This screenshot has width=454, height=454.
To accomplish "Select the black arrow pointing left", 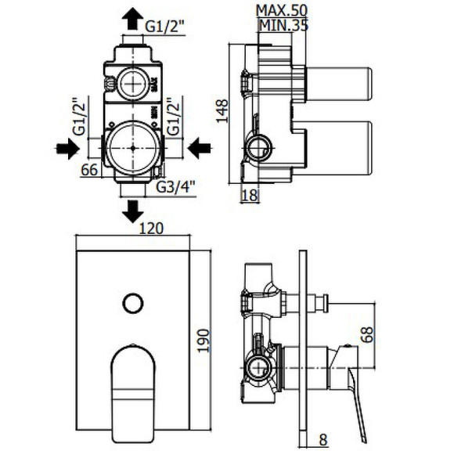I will click(200, 147).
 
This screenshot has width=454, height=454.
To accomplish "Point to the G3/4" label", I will click(175, 187).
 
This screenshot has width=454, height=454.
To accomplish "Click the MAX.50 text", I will click(281, 9).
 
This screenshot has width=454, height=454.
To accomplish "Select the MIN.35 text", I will click(281, 23).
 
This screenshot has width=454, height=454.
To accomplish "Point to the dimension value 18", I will click(250, 196).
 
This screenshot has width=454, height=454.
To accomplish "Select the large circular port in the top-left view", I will click(132, 147).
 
